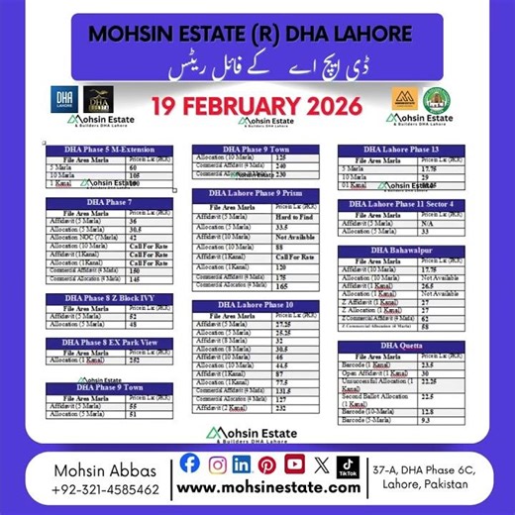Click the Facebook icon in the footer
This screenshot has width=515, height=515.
[191, 463]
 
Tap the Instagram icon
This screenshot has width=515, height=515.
[217, 463]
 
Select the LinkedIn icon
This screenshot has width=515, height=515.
[243, 463]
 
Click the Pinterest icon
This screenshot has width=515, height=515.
[267, 463]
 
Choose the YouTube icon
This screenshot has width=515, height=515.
[294, 463]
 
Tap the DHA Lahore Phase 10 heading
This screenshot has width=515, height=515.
[256, 304]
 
